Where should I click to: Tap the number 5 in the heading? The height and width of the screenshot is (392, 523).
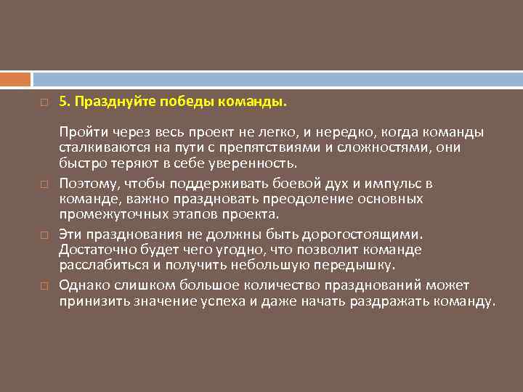(x=62, y=103)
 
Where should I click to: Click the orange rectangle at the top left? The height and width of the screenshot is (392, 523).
(x=15, y=78)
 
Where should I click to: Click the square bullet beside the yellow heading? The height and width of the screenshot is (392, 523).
(x=44, y=104)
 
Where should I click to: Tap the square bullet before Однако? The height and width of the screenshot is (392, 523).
(x=44, y=285)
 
